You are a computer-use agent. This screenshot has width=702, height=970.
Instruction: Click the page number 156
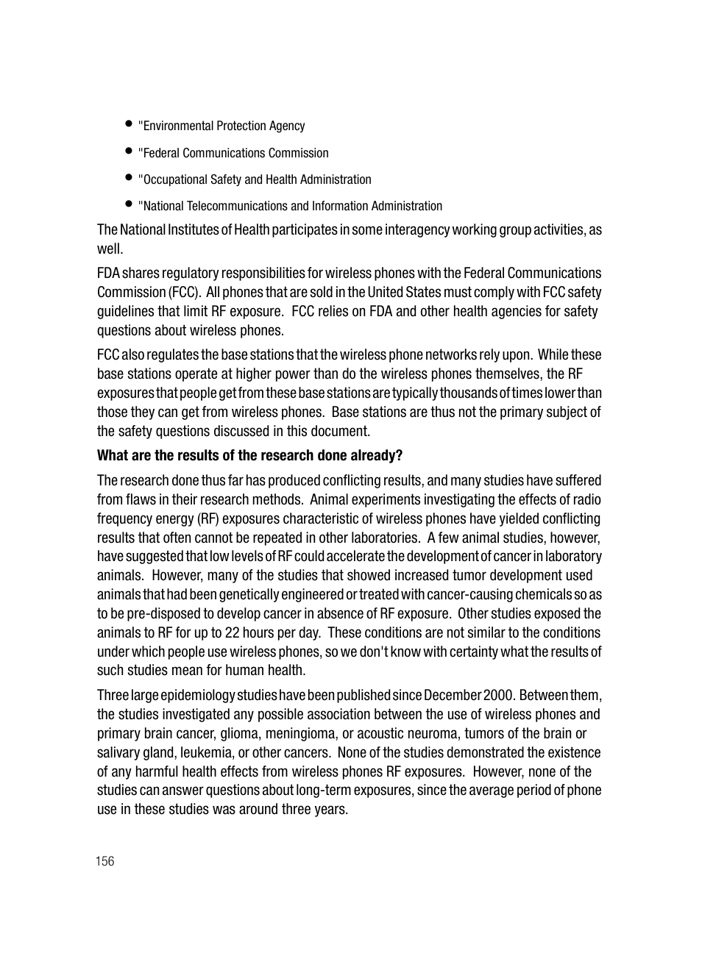tap(104, 861)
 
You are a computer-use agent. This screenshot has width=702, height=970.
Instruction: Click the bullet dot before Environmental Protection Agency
tap(128, 124)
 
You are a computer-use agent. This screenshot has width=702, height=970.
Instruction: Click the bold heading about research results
tap(249, 455)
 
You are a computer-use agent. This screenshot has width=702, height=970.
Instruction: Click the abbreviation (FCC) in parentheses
tap(184, 292)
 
